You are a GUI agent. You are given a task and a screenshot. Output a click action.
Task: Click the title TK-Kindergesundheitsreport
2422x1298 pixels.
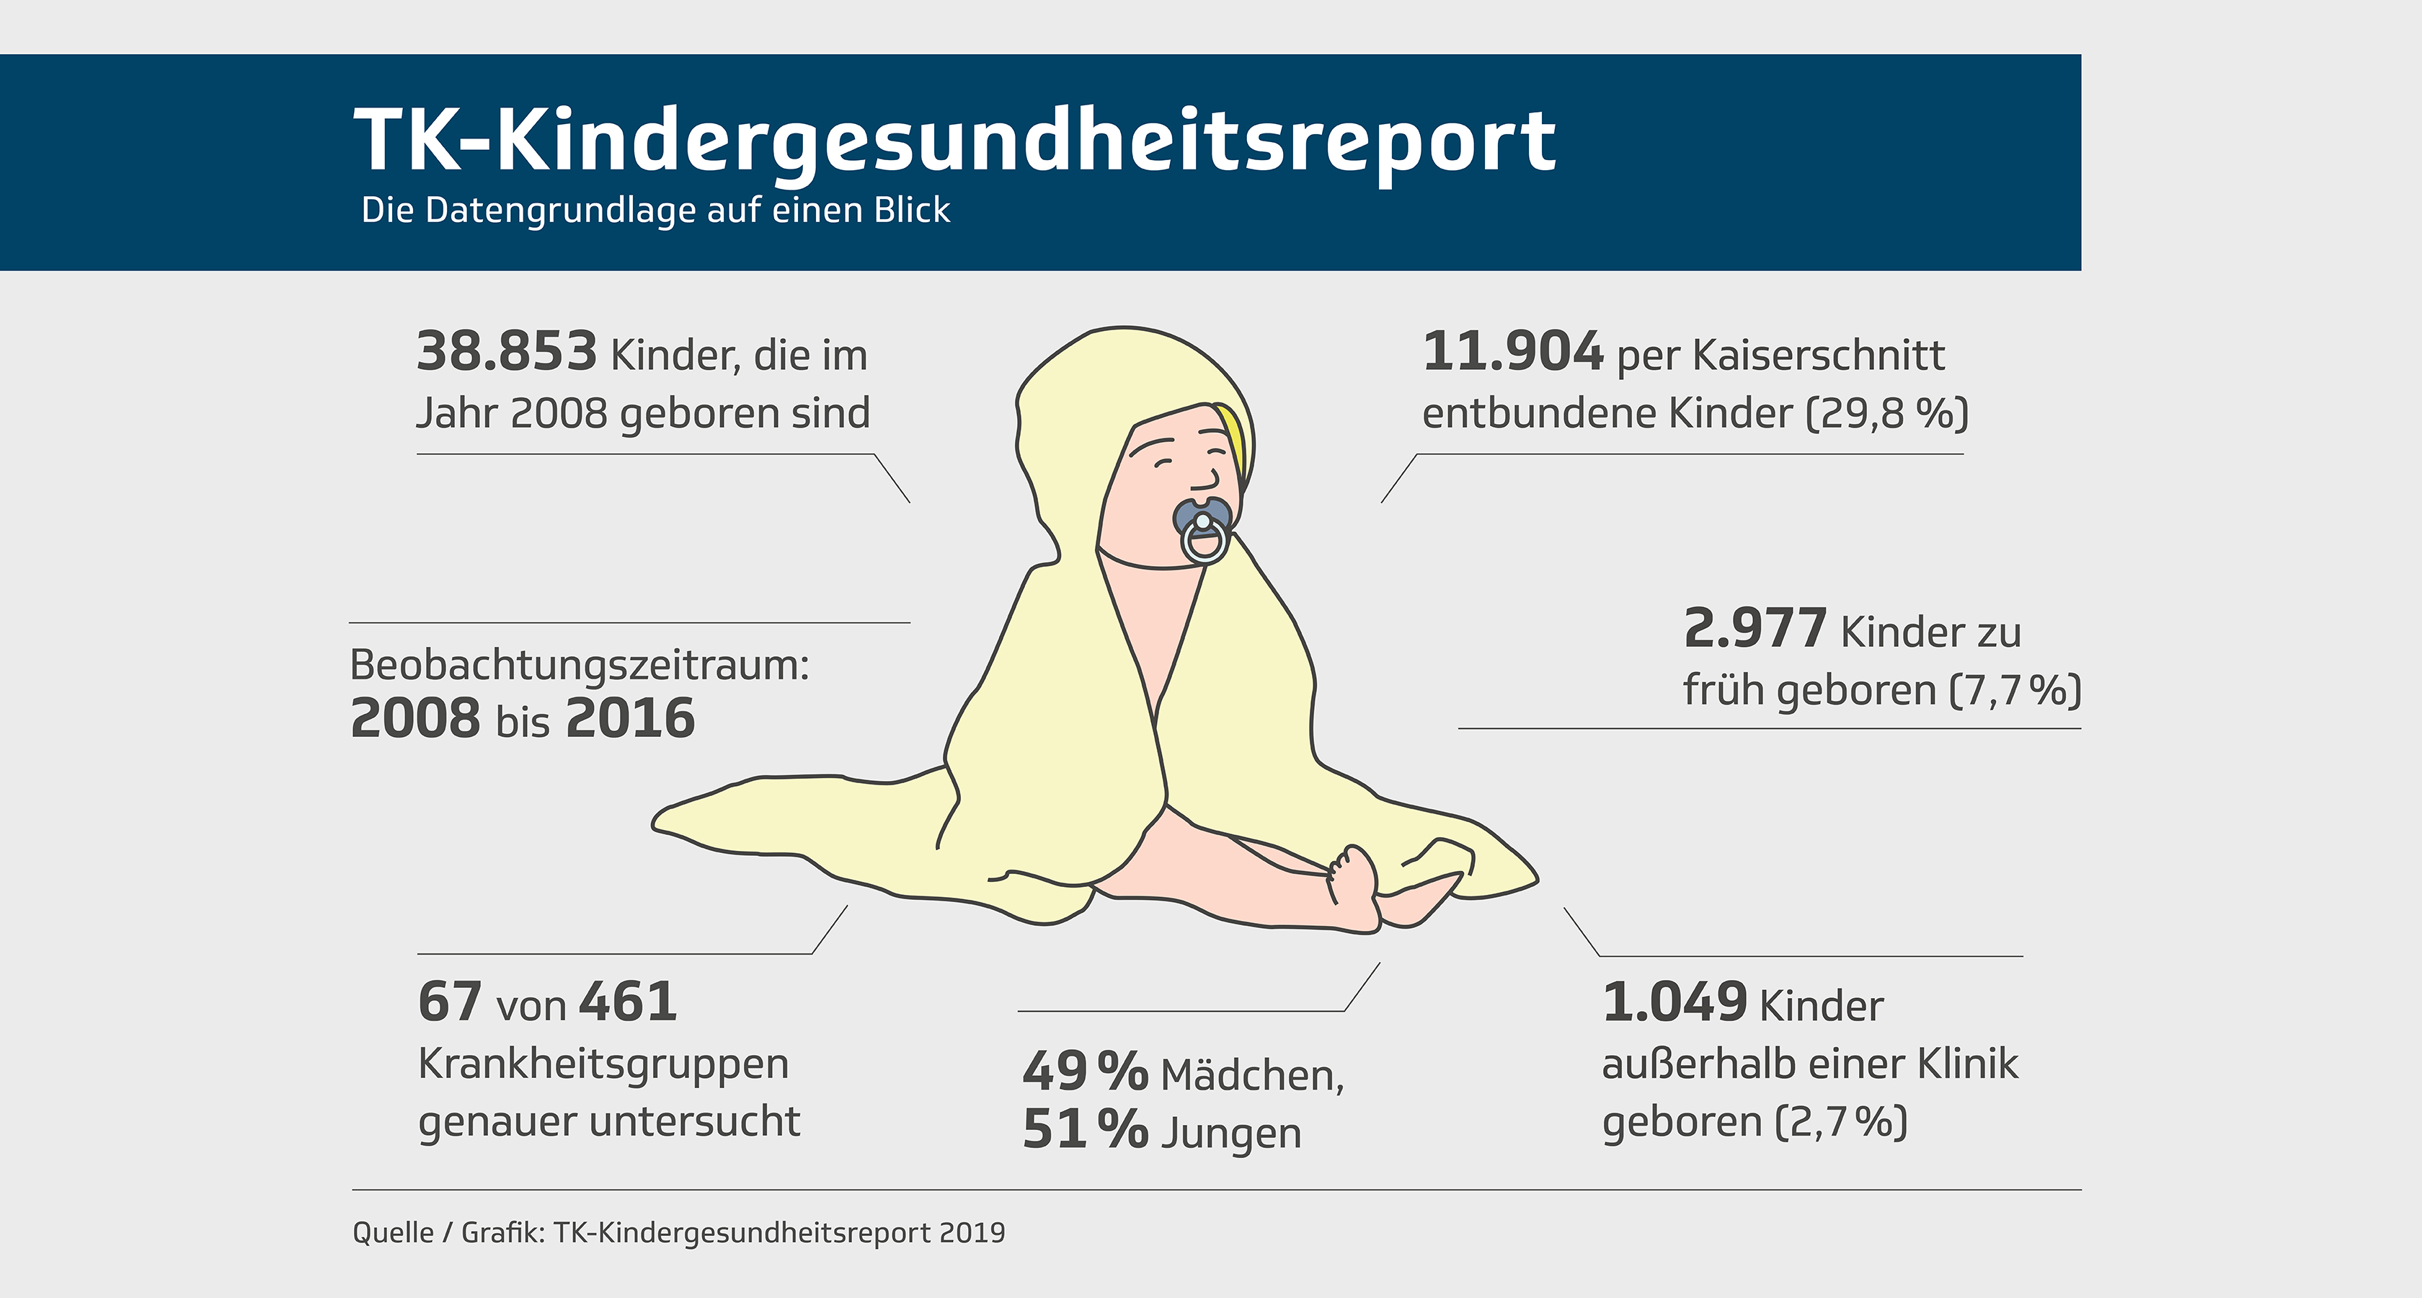click(x=954, y=141)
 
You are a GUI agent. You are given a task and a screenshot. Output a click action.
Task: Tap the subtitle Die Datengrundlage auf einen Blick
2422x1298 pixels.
click(x=655, y=210)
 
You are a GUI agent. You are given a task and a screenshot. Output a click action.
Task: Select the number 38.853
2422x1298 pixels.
click(x=507, y=352)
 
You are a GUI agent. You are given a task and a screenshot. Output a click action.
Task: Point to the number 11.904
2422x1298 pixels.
click(x=1512, y=352)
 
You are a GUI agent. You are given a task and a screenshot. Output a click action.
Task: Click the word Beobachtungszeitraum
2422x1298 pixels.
click(x=578, y=665)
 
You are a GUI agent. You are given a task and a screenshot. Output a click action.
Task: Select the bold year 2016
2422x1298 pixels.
click(x=630, y=719)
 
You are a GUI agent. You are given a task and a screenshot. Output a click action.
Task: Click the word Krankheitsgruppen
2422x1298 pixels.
click(x=603, y=1064)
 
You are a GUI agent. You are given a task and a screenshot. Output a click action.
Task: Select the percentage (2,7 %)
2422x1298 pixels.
click(x=1840, y=1122)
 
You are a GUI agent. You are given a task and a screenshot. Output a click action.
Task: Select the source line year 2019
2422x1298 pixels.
click(x=972, y=1233)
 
